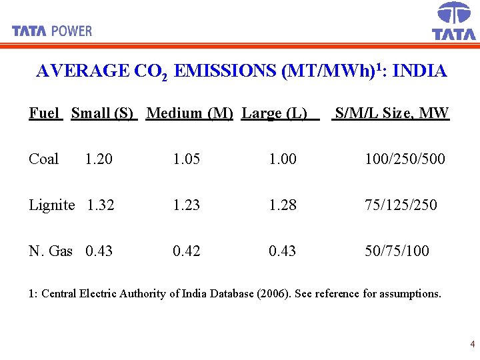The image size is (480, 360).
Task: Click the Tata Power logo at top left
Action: (x=52, y=31)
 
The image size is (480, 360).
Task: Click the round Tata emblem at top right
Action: (x=454, y=13)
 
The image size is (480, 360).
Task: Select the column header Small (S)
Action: (x=103, y=113)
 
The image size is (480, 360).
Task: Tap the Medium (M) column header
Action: (x=189, y=113)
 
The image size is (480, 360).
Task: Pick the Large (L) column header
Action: (x=274, y=113)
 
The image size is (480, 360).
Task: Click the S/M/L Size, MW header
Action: (x=392, y=113)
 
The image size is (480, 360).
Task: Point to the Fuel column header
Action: (x=45, y=113)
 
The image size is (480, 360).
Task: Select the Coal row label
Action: (x=43, y=159)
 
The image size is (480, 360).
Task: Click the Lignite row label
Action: (x=51, y=205)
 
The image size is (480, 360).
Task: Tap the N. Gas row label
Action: (x=51, y=251)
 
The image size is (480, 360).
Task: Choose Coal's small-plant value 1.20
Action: (x=99, y=159)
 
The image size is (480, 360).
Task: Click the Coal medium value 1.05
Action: (x=186, y=159)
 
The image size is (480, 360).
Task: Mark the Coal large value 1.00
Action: (x=283, y=159)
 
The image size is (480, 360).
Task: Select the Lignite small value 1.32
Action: (x=101, y=205)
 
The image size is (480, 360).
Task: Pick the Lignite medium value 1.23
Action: (x=186, y=205)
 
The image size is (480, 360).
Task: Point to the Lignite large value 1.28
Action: (x=283, y=205)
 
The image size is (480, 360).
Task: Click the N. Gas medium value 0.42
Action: (x=186, y=251)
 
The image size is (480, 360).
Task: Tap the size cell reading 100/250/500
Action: (x=405, y=159)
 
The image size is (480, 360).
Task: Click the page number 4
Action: (x=472, y=345)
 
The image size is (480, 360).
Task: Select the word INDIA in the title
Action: (x=420, y=71)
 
